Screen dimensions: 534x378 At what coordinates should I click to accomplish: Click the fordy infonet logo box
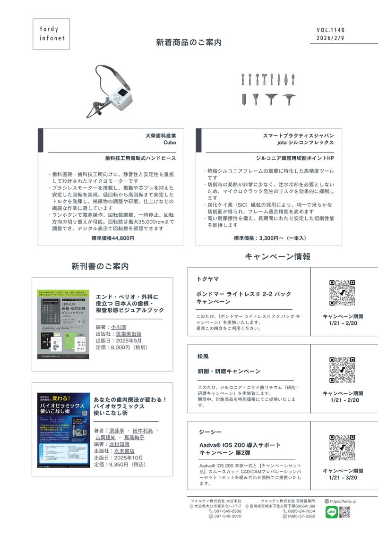click(52, 34)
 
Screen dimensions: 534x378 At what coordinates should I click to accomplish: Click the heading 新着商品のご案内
click(189, 42)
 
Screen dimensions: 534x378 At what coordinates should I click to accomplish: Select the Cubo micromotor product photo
click(112, 90)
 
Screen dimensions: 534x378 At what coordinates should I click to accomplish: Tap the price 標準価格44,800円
click(113, 238)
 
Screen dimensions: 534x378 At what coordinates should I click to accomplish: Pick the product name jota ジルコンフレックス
click(305, 142)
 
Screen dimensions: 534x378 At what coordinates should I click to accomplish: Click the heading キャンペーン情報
click(277, 257)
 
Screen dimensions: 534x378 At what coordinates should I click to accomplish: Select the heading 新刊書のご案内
click(100, 266)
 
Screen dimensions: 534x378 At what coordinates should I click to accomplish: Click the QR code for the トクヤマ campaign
click(342, 293)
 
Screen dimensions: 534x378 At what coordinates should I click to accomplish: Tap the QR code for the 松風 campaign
click(342, 370)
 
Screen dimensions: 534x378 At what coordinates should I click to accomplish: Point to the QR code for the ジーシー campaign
click(342, 447)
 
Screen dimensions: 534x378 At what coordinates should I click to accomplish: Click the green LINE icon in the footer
click(331, 512)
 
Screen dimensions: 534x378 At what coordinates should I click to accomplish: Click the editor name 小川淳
click(119, 327)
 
